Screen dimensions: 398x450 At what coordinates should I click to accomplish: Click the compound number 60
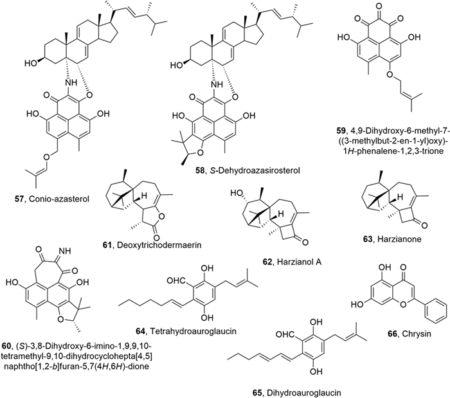14,363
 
